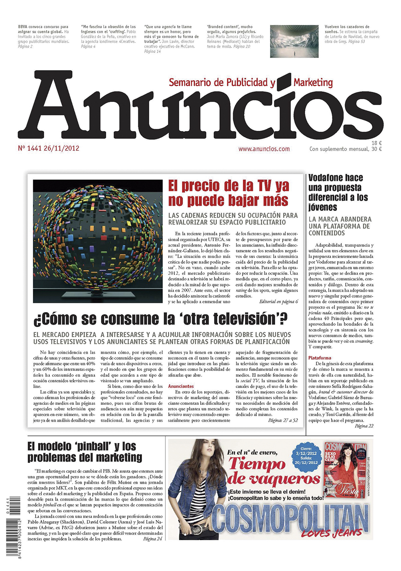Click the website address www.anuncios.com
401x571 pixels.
click(x=264, y=149)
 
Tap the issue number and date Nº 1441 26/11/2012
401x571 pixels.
click(x=49, y=148)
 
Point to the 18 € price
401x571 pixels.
click(x=376, y=143)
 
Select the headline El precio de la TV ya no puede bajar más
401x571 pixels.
click(x=228, y=193)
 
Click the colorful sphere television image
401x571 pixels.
click(x=98, y=240)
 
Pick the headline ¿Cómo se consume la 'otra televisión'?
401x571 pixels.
click(x=160, y=319)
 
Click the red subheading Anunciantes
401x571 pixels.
click(x=181, y=386)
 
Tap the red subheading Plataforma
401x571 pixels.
click(x=320, y=358)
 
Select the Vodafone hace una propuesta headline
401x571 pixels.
click(x=336, y=192)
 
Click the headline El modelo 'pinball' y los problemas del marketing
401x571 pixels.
click(x=85, y=452)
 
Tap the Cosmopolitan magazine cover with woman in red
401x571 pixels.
click(x=345, y=469)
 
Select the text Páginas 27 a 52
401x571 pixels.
click(x=283, y=421)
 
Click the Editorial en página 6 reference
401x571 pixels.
click(x=278, y=301)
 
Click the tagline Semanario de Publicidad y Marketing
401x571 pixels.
click(x=251, y=83)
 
